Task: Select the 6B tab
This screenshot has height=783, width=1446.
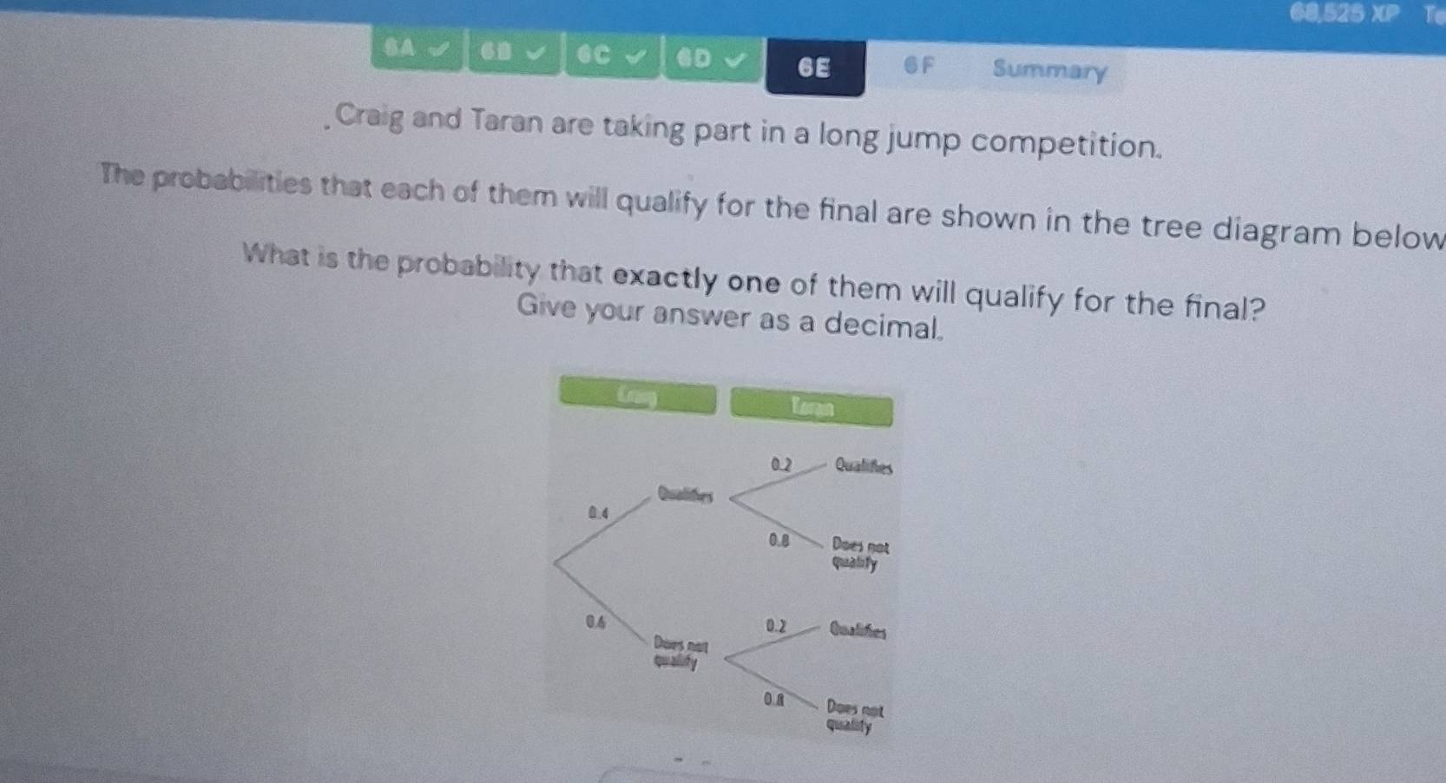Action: click(513, 53)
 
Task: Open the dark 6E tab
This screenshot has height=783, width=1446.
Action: click(814, 68)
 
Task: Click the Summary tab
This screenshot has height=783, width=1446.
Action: click(1049, 70)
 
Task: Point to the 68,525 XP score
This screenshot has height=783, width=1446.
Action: click(1344, 13)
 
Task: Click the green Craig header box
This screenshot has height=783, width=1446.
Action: click(638, 397)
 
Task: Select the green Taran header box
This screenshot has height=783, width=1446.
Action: click(812, 407)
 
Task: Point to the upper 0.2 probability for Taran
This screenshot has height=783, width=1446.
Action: click(781, 464)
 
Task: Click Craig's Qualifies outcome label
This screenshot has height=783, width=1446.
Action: click(685, 495)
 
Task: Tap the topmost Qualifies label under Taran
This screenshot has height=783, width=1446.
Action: click(863, 466)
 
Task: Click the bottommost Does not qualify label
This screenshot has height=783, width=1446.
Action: click(853, 717)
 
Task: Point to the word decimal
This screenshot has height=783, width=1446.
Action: click(882, 324)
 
